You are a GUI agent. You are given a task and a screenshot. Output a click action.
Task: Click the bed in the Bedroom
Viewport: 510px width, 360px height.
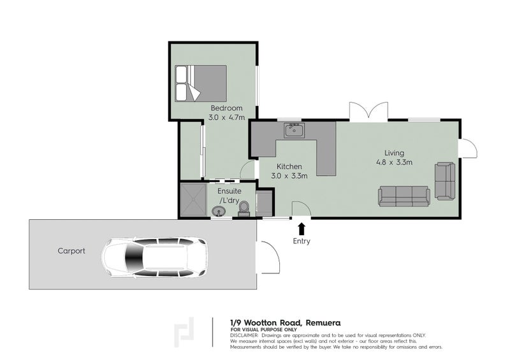point(201,82)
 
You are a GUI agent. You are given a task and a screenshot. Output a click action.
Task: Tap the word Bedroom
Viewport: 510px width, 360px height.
point(226,108)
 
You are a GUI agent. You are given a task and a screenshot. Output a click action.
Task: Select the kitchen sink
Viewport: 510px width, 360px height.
point(294,131)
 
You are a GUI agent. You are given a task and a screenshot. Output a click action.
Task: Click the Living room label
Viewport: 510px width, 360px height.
point(394,153)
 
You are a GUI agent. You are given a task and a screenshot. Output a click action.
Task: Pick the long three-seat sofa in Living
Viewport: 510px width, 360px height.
point(404,196)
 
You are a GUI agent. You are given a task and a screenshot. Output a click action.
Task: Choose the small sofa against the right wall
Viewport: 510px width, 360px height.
point(445,181)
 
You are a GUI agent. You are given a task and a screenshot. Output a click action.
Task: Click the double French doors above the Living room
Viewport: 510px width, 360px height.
point(367,111)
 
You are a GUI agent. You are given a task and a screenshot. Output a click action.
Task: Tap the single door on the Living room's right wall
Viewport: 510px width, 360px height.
point(469,148)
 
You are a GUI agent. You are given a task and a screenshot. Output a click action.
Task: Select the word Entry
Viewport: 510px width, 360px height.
point(302,241)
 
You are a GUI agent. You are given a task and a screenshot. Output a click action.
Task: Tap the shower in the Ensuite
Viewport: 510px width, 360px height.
point(193,199)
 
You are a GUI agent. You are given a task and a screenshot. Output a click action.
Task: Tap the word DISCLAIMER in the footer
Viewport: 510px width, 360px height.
point(244,335)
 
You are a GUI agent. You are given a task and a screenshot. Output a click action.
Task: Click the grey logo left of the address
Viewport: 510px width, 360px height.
point(186,332)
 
